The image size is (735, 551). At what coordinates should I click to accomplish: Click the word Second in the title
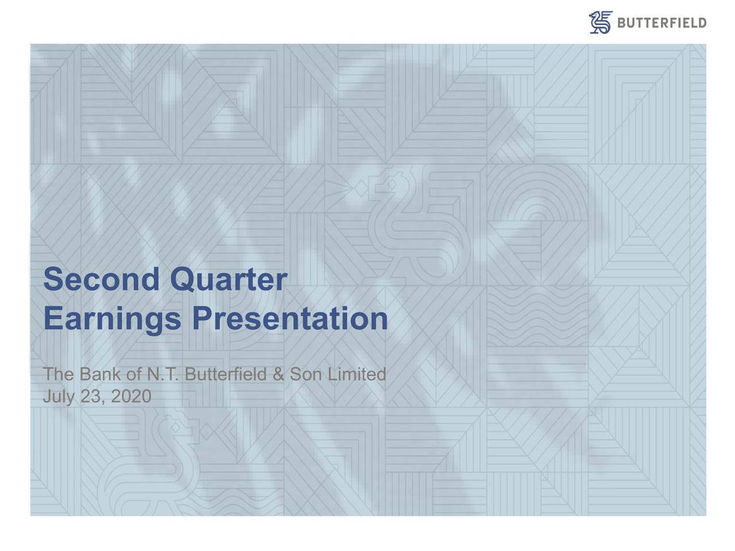(x=100, y=280)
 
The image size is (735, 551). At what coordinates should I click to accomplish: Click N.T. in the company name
(x=163, y=375)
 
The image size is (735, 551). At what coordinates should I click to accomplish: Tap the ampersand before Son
(x=279, y=375)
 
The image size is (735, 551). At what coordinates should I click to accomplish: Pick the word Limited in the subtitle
(x=356, y=375)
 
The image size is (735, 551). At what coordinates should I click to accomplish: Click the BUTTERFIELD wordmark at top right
(x=661, y=23)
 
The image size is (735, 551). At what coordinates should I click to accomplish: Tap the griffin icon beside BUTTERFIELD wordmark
(x=601, y=22)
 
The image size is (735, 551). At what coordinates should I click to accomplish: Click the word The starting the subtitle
(x=56, y=375)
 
